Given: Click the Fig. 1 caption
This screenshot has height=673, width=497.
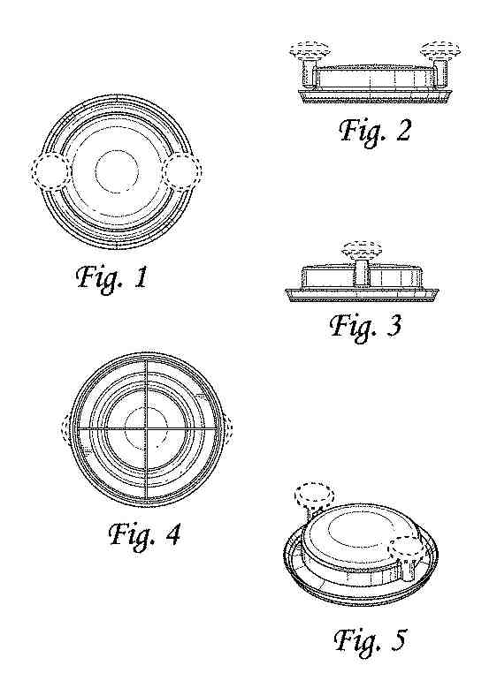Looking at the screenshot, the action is [x=112, y=278].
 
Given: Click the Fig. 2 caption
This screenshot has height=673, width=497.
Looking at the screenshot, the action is [x=375, y=131].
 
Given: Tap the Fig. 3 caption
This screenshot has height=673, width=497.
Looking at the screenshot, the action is [x=365, y=325].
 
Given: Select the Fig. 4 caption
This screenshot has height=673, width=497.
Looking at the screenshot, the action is [x=144, y=535].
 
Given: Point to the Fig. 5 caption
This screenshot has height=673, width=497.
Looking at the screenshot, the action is [x=370, y=640].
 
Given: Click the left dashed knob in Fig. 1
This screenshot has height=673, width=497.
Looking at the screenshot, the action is [x=50, y=170].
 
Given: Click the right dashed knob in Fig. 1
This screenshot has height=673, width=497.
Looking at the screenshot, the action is [x=182, y=170].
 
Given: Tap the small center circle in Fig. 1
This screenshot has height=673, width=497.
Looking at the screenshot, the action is [x=117, y=172].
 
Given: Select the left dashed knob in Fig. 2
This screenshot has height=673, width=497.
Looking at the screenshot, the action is [x=310, y=50].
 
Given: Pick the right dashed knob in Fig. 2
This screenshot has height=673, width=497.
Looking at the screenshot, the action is [x=440, y=50].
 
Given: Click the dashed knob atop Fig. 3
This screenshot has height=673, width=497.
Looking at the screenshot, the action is [x=362, y=249].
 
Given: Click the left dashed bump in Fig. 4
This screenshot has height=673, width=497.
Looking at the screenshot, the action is [x=66, y=428].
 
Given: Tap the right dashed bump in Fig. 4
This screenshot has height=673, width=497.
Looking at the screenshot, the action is [x=228, y=428].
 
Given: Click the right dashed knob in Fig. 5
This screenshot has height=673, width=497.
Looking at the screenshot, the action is [x=407, y=548].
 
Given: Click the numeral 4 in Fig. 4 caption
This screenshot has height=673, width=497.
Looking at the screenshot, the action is [x=172, y=534].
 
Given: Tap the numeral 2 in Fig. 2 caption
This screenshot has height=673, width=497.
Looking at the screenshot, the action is [x=402, y=130].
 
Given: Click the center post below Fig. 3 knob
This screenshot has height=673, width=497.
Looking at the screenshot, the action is [x=362, y=273].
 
